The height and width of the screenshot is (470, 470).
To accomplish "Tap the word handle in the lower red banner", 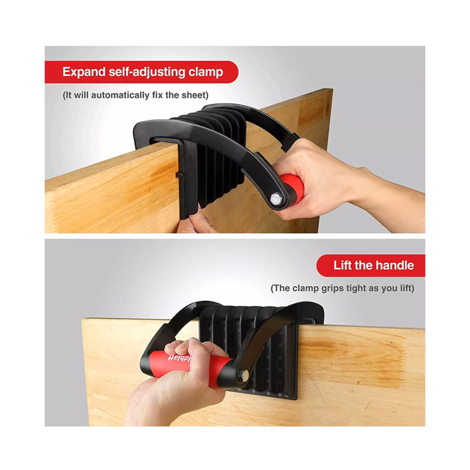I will point(392,266).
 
